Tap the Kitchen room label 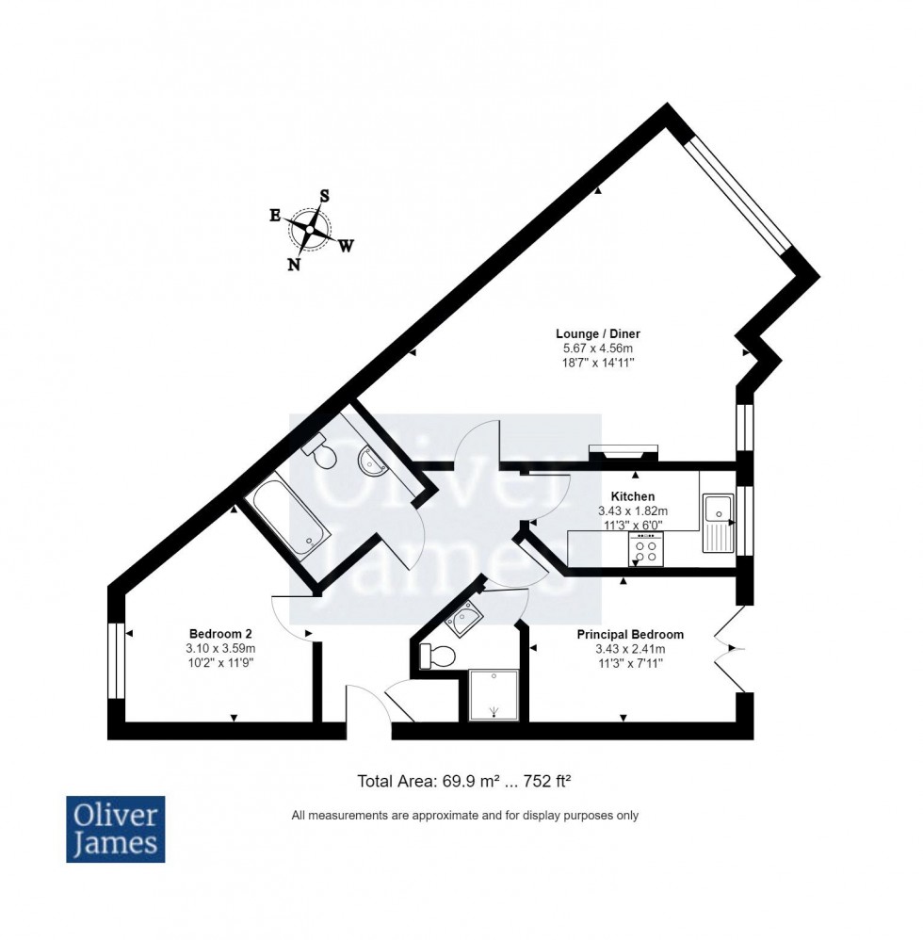tap(632, 496)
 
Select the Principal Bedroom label tap(630, 635)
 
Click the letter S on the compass tap(325, 196)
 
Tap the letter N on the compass tap(294, 265)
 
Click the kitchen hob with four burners tap(645, 550)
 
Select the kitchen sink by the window tap(718, 523)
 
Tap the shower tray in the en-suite tap(493, 695)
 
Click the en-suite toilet tap(436, 656)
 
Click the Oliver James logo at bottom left tap(115, 829)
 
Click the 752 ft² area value tap(542, 781)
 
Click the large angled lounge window tap(737, 197)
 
